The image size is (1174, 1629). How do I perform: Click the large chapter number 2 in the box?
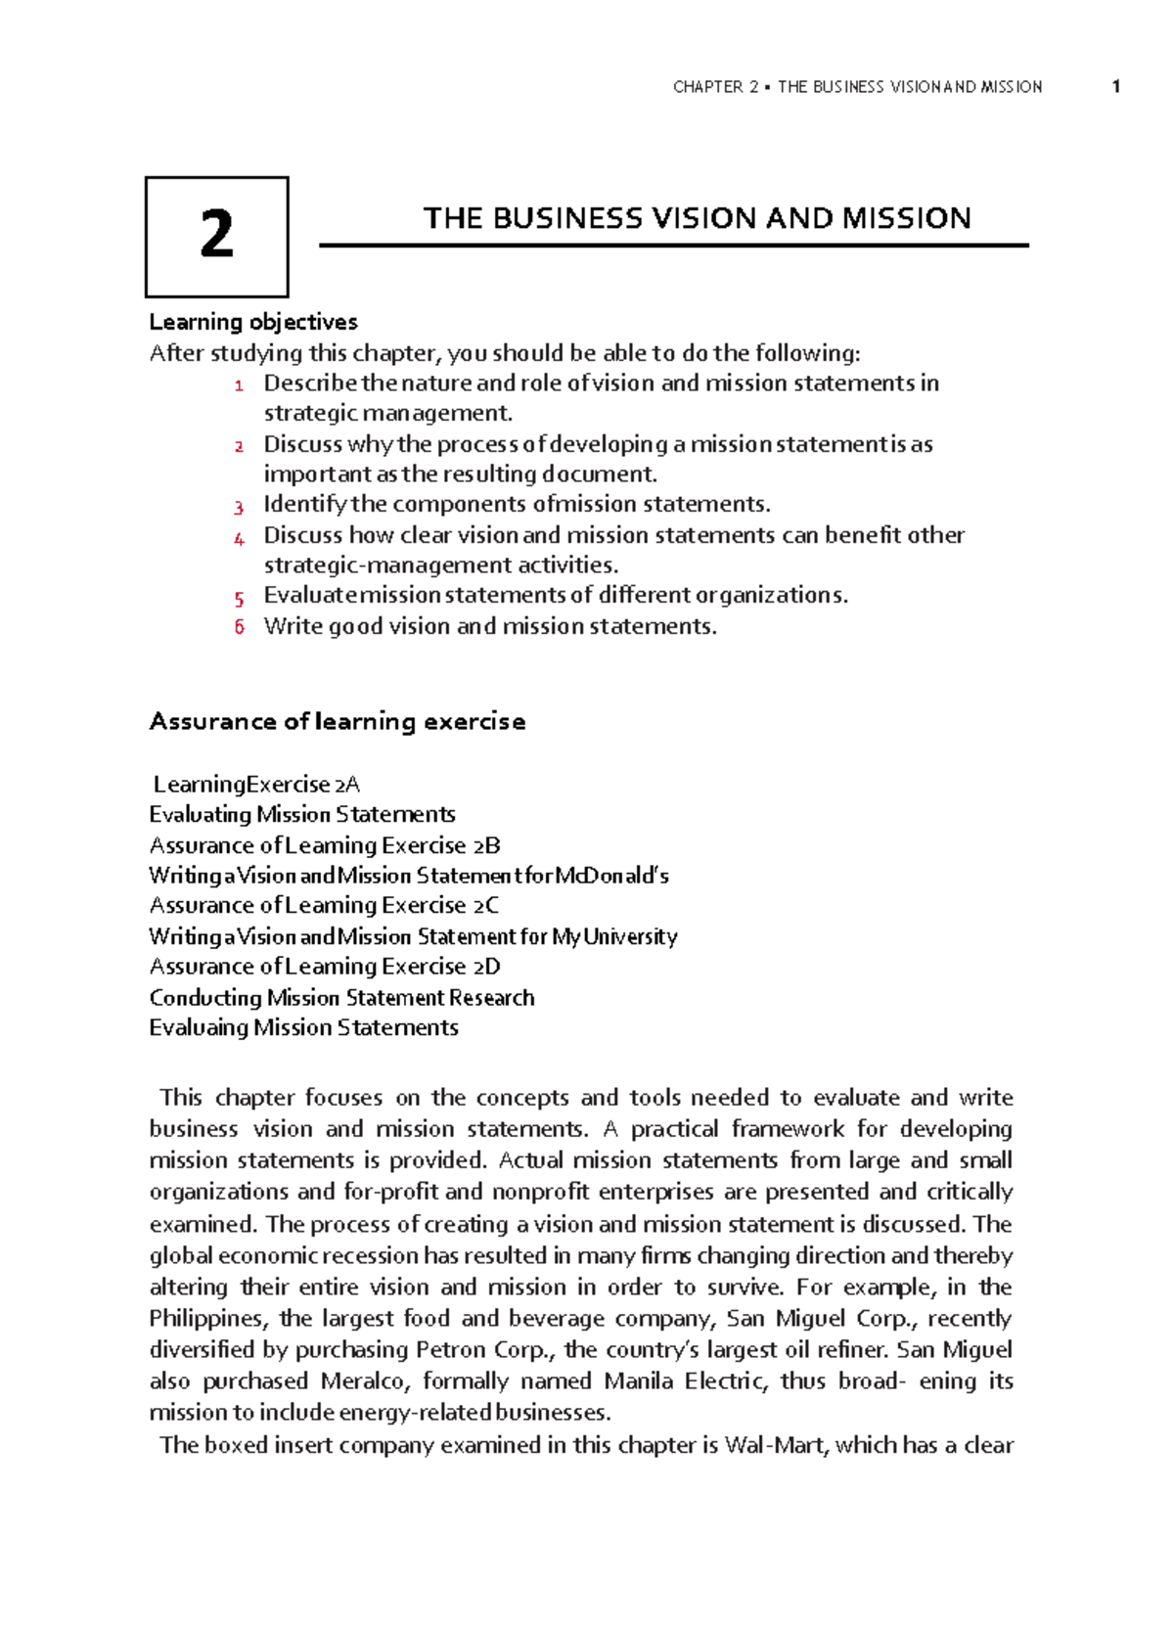coord(216,236)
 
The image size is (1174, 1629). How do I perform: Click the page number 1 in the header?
coord(1115,87)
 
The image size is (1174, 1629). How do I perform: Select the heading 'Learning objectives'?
coord(253,322)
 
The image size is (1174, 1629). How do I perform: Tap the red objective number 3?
coord(239,507)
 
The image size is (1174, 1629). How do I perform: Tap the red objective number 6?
coord(239,627)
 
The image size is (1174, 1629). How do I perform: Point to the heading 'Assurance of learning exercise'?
coord(337,722)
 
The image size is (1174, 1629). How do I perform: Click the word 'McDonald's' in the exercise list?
coord(611,876)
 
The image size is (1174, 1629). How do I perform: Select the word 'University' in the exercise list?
coord(630,936)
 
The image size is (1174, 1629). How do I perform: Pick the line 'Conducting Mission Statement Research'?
coord(341,998)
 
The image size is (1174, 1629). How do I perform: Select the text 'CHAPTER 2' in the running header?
coord(715,87)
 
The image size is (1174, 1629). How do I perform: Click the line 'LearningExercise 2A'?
coord(256,785)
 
